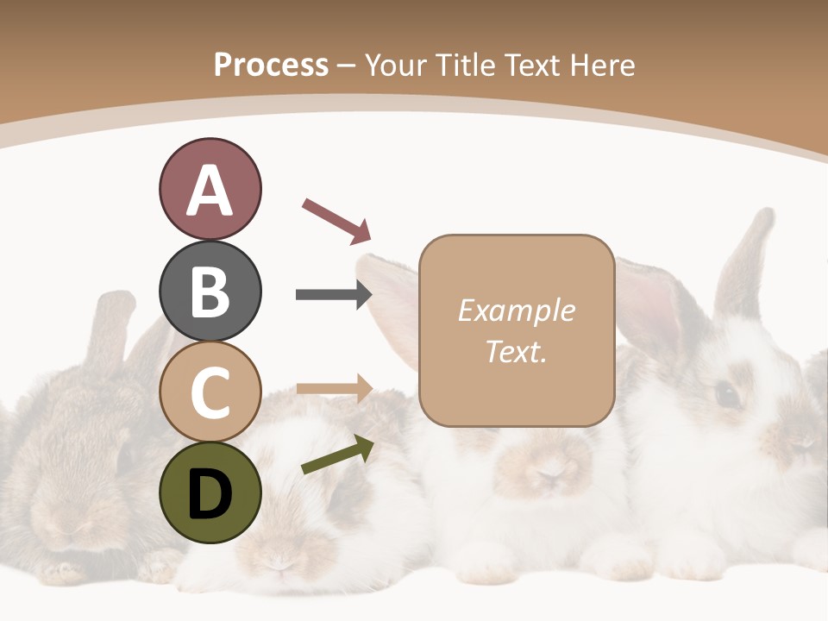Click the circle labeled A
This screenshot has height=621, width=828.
pos(210,190)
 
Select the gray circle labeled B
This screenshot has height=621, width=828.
pos(210,291)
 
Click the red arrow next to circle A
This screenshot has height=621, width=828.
pos(336,220)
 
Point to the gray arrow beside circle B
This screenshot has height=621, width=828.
pos(334,295)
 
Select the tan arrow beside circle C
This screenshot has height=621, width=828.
pos(334,388)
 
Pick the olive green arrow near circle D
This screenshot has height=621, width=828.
pos(337,455)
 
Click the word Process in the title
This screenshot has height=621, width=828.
pos(271,65)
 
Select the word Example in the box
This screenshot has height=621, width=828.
pos(516,310)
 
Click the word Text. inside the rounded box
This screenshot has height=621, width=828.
pos(516,352)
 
